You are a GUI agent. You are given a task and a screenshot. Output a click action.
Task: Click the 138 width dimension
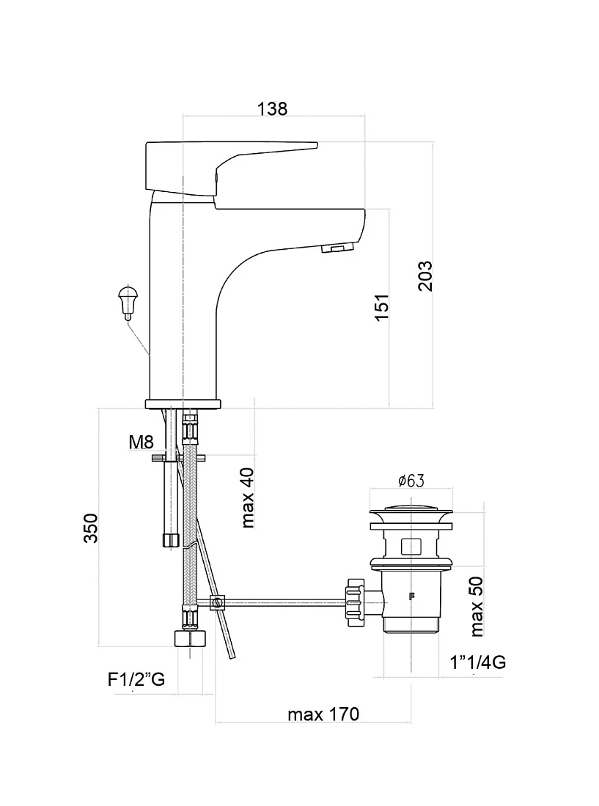272,109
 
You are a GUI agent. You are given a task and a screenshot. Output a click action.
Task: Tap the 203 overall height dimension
425,276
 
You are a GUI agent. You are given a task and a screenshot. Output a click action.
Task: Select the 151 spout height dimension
381,308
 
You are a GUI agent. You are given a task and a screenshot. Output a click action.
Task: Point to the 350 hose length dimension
91,528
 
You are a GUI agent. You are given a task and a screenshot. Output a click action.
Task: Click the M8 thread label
142,442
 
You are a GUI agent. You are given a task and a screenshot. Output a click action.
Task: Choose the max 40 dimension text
247,498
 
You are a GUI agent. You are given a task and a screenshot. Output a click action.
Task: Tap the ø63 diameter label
411,481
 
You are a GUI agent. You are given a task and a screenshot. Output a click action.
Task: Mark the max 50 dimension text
477,606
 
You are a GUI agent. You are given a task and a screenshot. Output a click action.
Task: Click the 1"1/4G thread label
477,662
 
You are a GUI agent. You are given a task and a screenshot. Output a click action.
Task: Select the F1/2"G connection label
136,679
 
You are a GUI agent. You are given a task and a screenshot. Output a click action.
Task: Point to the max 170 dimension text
323,714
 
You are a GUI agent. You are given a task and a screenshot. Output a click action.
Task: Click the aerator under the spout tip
338,248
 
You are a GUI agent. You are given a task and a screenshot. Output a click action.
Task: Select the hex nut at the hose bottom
190,638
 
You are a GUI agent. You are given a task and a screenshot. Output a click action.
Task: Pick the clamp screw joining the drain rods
218,602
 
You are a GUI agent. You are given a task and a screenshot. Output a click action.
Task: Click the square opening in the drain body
411,546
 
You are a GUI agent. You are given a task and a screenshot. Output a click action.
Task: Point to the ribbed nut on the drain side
356,602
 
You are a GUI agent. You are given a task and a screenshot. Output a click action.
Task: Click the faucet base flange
183,404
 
